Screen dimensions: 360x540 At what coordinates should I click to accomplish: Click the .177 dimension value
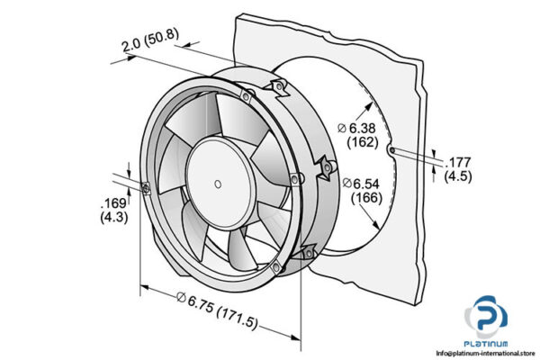[458, 163]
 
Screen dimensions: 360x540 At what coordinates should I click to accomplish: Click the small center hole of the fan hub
[217, 184]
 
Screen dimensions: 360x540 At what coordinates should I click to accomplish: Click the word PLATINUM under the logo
[486, 344]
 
